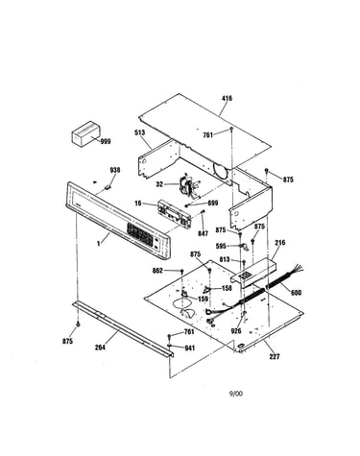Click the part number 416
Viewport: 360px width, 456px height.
point(227,98)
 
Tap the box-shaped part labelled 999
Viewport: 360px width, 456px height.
point(85,133)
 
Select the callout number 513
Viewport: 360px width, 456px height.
point(139,132)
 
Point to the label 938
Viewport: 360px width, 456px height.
point(115,170)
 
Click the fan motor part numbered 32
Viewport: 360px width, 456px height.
point(188,187)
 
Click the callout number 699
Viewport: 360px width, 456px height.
point(213,203)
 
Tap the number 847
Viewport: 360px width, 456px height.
point(203,234)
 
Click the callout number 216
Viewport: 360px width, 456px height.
point(280,243)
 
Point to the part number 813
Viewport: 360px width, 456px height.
point(225,259)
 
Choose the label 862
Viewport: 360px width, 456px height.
point(157,271)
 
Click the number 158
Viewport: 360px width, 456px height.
point(227,289)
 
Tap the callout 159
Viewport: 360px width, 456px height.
point(204,299)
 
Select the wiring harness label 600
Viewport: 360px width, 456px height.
point(296,293)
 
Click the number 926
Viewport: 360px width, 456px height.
point(236,331)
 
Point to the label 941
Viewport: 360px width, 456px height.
point(190,348)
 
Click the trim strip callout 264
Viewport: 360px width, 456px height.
point(100,347)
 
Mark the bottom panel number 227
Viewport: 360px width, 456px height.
point(275,356)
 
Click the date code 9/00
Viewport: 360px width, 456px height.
point(236,394)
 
